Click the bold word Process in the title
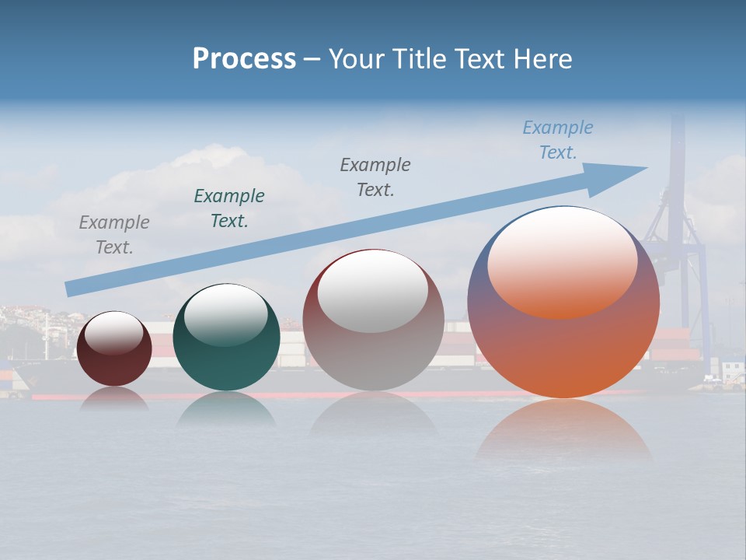[x=244, y=59]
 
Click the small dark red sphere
[x=114, y=362]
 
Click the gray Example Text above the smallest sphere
[x=114, y=234]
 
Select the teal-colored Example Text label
[x=229, y=208]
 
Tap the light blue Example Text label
[x=558, y=139]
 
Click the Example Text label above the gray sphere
[x=375, y=177]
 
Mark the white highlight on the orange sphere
[x=562, y=261]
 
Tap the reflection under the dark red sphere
[x=114, y=398]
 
